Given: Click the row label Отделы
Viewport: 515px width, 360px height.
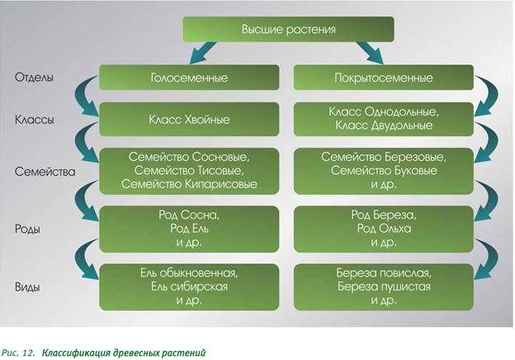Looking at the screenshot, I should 34,78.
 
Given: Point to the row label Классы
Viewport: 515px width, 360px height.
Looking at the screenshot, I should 35,120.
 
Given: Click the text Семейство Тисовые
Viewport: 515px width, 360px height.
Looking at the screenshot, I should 191,169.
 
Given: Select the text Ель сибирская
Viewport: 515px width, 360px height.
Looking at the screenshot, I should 191,286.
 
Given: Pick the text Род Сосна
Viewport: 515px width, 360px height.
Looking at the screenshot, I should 191,214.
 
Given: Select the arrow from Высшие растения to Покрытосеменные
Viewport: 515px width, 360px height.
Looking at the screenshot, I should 376,54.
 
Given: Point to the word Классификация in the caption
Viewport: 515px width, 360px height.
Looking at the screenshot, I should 78,352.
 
